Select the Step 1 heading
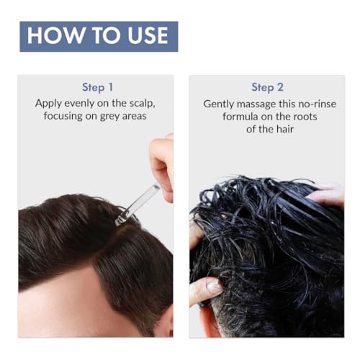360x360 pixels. tap(97, 87)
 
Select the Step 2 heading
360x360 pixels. tap(267, 87)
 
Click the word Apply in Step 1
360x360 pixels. tap(49, 103)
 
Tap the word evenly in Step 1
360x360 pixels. tap(83, 103)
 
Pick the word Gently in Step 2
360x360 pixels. tap(219, 103)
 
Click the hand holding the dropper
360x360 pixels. tap(161, 162)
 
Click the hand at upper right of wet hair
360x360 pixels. tap(328, 195)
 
